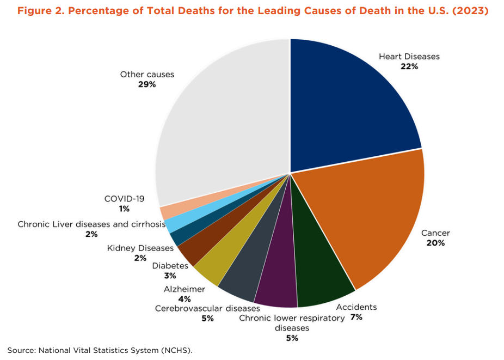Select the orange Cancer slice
(376, 212)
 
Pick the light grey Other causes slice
(223, 120)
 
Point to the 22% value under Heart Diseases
(409, 66)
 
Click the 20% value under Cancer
(435, 243)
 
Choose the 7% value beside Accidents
(357, 316)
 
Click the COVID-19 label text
(125, 199)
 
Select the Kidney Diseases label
(140, 248)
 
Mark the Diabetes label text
(170, 266)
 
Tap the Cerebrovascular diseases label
(207, 308)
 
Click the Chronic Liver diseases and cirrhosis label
(91, 224)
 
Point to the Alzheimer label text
(185, 289)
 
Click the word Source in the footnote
(20, 350)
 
